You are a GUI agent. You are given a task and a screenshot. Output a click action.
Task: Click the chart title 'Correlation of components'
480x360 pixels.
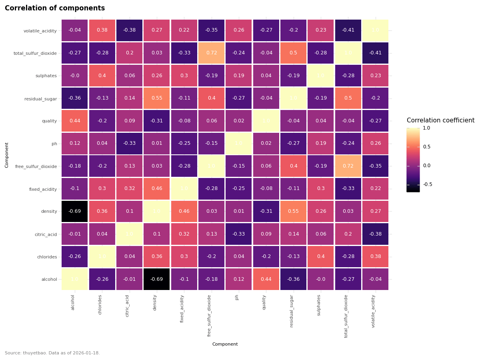(55, 8)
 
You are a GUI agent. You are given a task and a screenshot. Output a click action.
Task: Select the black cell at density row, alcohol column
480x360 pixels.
(74, 211)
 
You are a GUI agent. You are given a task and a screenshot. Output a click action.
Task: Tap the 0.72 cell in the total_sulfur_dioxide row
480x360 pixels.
(212, 53)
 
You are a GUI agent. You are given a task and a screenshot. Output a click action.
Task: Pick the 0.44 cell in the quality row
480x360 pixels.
(74, 121)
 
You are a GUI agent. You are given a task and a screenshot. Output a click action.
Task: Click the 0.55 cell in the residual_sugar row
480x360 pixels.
(157, 98)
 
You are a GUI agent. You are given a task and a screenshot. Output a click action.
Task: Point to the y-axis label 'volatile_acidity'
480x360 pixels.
(40, 31)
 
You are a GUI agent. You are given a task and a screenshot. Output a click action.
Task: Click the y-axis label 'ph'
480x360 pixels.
(54, 144)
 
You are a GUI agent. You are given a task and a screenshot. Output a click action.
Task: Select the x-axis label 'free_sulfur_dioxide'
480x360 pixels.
(209, 316)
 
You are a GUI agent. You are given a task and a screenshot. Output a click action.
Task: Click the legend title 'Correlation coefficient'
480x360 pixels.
(440, 120)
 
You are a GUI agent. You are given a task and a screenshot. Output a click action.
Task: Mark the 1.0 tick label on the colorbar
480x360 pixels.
(427, 128)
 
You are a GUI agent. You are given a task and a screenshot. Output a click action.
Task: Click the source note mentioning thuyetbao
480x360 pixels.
(52, 353)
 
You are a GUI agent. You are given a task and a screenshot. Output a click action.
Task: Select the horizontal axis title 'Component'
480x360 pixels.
(225, 344)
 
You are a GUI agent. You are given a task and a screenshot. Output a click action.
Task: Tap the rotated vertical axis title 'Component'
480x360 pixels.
(7, 155)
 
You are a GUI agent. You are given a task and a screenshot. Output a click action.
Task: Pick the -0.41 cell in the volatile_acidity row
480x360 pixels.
(348, 30)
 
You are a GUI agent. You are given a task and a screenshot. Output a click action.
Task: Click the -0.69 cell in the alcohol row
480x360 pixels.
(157, 279)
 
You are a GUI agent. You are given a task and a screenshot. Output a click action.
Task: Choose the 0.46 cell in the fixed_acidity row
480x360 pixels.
(157, 189)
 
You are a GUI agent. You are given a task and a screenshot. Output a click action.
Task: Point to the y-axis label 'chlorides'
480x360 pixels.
(47, 257)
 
